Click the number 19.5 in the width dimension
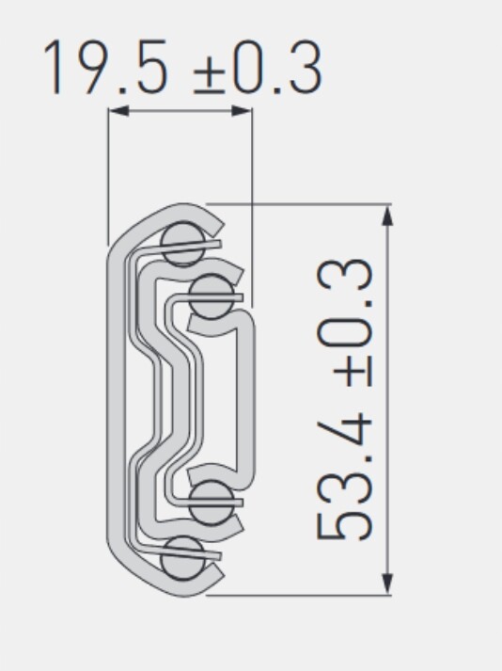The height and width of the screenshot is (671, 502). (105, 67)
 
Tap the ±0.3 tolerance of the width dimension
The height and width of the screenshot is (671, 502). (257, 68)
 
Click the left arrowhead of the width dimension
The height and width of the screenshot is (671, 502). (118, 111)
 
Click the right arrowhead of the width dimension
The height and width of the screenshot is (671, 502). (242, 111)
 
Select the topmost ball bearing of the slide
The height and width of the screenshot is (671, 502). (183, 244)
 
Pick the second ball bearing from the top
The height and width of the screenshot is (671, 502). (212, 297)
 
